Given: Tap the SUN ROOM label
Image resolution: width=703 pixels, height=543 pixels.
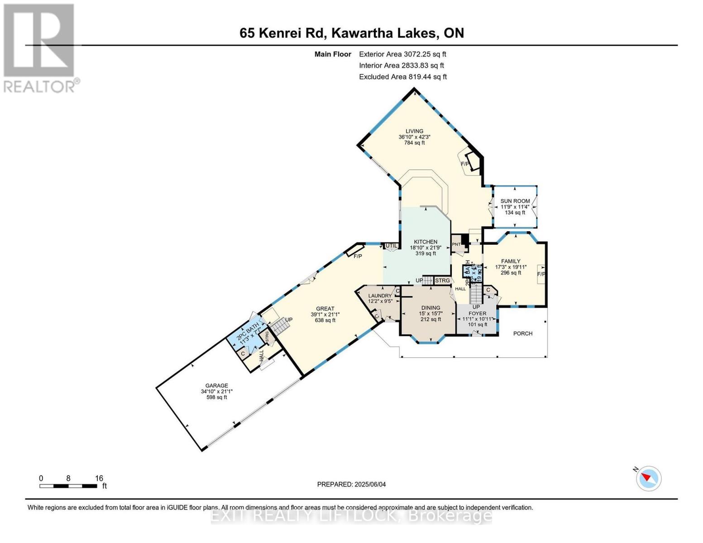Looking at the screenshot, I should tap(515, 201).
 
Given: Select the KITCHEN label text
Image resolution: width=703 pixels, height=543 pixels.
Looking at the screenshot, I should tap(426, 242).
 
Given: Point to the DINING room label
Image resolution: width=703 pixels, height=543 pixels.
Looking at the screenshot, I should tap(430, 308).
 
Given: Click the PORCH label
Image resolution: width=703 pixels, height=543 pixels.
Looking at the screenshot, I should tap(522, 333).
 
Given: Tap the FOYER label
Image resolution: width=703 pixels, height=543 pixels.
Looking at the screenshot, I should tap(477, 313).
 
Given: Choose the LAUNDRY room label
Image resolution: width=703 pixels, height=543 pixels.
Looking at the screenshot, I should tap(380, 296).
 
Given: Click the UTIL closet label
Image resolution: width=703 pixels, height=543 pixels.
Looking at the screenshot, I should tap(391, 246).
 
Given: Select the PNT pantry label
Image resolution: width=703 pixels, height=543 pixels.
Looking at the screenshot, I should tap(456, 245).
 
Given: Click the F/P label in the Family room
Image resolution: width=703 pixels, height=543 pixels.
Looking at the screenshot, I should tap(541, 274).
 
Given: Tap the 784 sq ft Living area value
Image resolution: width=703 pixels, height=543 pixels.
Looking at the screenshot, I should tap(414, 143).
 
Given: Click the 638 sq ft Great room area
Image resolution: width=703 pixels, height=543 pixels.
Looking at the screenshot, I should tap(325, 320).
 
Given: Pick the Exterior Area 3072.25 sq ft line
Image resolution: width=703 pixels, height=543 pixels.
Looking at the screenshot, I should tap(402, 54).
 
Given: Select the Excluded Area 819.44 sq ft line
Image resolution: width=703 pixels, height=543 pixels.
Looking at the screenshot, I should tap(402, 77).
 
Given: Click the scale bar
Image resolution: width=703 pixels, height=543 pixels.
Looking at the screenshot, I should tap(68, 486).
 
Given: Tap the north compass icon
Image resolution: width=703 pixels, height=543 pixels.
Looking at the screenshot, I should tap(649, 478).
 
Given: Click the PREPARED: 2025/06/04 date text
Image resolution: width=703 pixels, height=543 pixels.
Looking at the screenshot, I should tap(351, 484).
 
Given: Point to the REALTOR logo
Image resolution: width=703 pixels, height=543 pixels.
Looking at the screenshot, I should tap(40, 48).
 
